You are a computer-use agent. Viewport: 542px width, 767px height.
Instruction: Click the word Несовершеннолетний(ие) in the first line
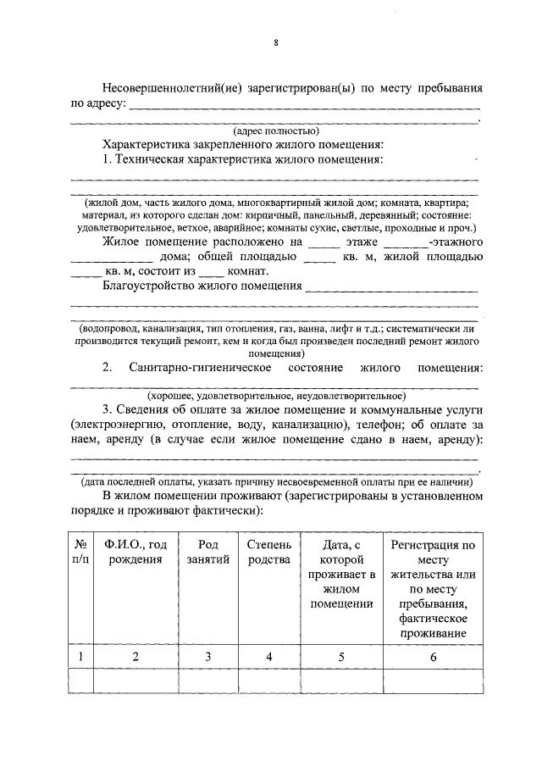[x=165, y=87]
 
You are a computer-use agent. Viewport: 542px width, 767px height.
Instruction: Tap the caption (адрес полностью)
[x=276, y=131]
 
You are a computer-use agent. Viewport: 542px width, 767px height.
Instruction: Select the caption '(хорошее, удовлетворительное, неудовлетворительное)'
[x=276, y=395]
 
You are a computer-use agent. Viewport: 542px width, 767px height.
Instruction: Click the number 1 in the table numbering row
[x=80, y=657]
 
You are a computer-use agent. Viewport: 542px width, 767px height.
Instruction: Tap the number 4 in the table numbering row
[x=268, y=657]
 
